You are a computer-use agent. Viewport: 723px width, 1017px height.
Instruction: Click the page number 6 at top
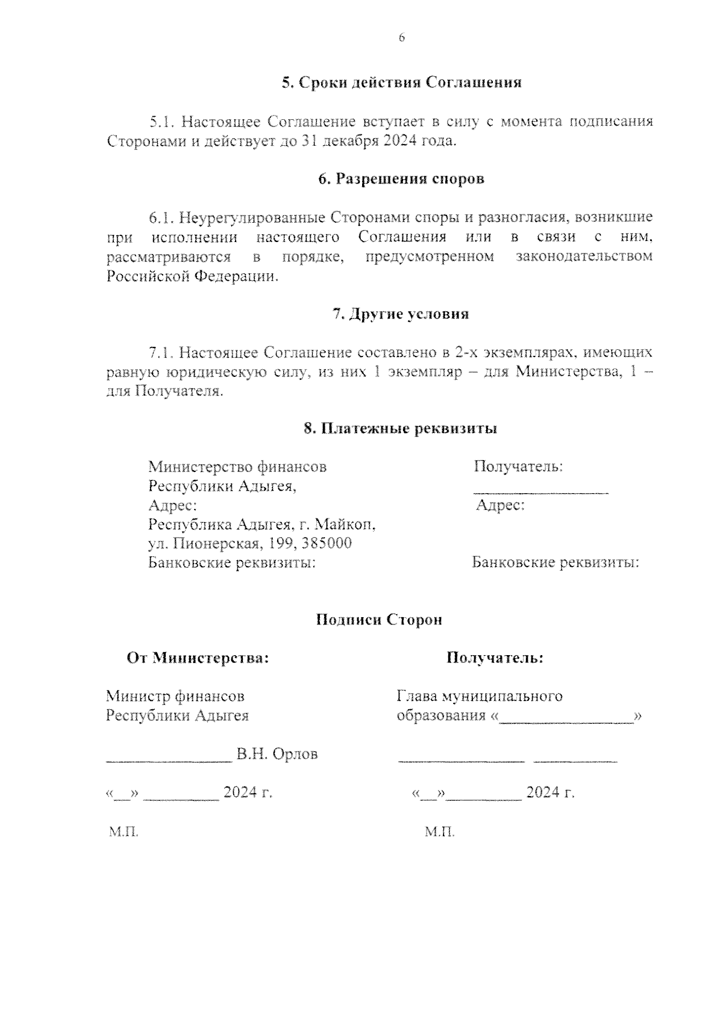402,38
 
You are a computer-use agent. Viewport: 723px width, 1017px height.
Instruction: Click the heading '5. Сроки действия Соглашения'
402,82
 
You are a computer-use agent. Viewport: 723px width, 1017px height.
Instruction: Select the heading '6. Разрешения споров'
401,179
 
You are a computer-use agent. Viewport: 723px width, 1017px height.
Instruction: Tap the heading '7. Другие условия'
401,314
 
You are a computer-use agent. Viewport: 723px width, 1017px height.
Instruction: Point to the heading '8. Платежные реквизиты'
401,429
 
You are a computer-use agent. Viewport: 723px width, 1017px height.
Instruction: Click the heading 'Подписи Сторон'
380,620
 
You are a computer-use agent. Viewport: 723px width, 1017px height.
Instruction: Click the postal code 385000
327,543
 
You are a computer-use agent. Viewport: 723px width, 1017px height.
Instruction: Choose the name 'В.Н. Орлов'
277,754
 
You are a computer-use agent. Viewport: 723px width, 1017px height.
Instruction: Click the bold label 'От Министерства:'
198,658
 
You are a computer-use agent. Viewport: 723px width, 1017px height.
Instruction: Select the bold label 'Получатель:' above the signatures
495,658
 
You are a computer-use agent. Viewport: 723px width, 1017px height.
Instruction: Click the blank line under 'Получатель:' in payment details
540,492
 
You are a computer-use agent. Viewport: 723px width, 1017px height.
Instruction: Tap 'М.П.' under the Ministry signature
124,832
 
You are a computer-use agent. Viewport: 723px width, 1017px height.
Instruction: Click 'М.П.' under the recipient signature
440,832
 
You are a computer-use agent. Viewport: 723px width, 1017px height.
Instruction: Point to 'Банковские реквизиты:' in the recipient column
555,562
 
